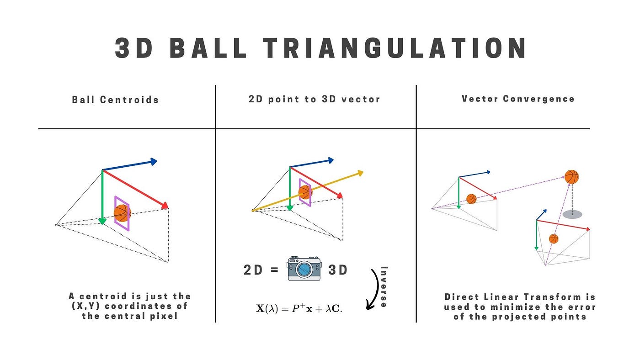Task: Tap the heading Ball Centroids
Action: (116, 100)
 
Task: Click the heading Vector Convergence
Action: (518, 99)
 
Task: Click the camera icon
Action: (304, 269)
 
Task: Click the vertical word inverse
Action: (384, 286)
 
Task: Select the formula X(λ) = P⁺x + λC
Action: (299, 308)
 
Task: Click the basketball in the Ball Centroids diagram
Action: (122, 213)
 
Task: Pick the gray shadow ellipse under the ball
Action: (572, 214)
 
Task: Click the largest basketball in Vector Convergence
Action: (571, 177)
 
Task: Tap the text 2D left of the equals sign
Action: (253, 270)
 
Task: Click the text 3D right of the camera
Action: (338, 270)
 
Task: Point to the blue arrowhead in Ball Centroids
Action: (154, 161)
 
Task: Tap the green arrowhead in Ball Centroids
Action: (102, 222)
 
